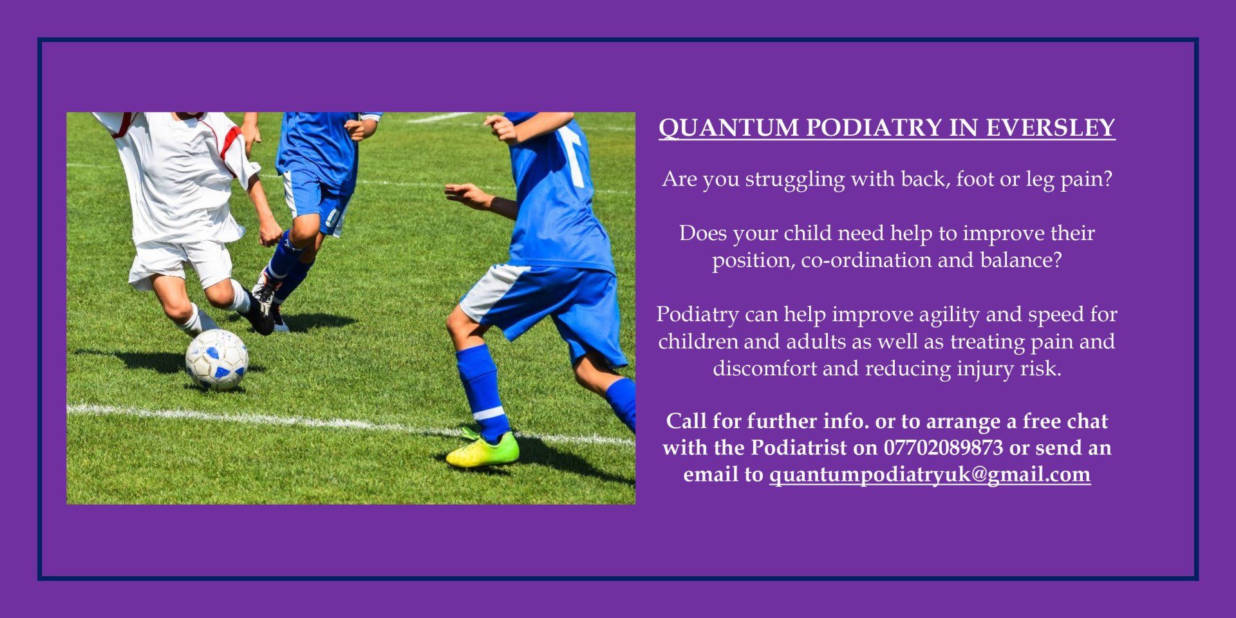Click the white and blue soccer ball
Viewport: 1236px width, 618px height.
click(217, 359)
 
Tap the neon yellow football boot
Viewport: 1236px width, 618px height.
click(483, 449)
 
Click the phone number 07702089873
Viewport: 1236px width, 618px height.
click(943, 447)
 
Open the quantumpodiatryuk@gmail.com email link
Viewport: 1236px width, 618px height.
click(930, 475)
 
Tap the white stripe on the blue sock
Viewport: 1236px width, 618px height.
click(489, 413)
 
